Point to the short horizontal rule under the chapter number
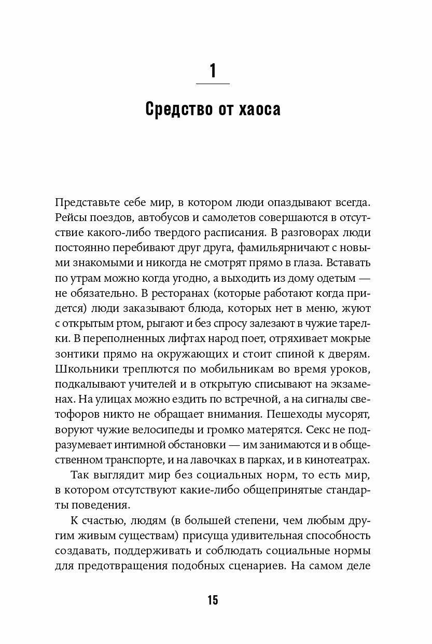213,84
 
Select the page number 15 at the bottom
213,600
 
